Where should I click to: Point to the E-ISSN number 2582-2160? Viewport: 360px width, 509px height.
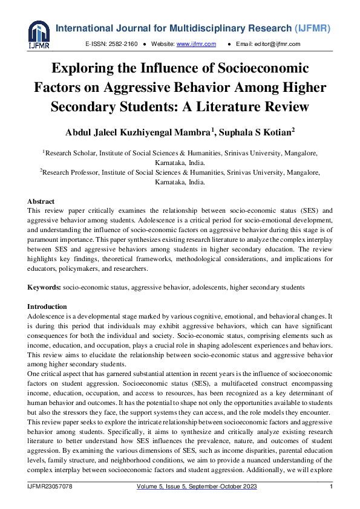[x=123, y=44]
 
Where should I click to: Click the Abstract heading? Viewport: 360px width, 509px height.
[x=41, y=201]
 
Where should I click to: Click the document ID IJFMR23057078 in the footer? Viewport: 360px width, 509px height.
[x=50, y=486]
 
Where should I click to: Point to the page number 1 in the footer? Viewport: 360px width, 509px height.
[x=331, y=486]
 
